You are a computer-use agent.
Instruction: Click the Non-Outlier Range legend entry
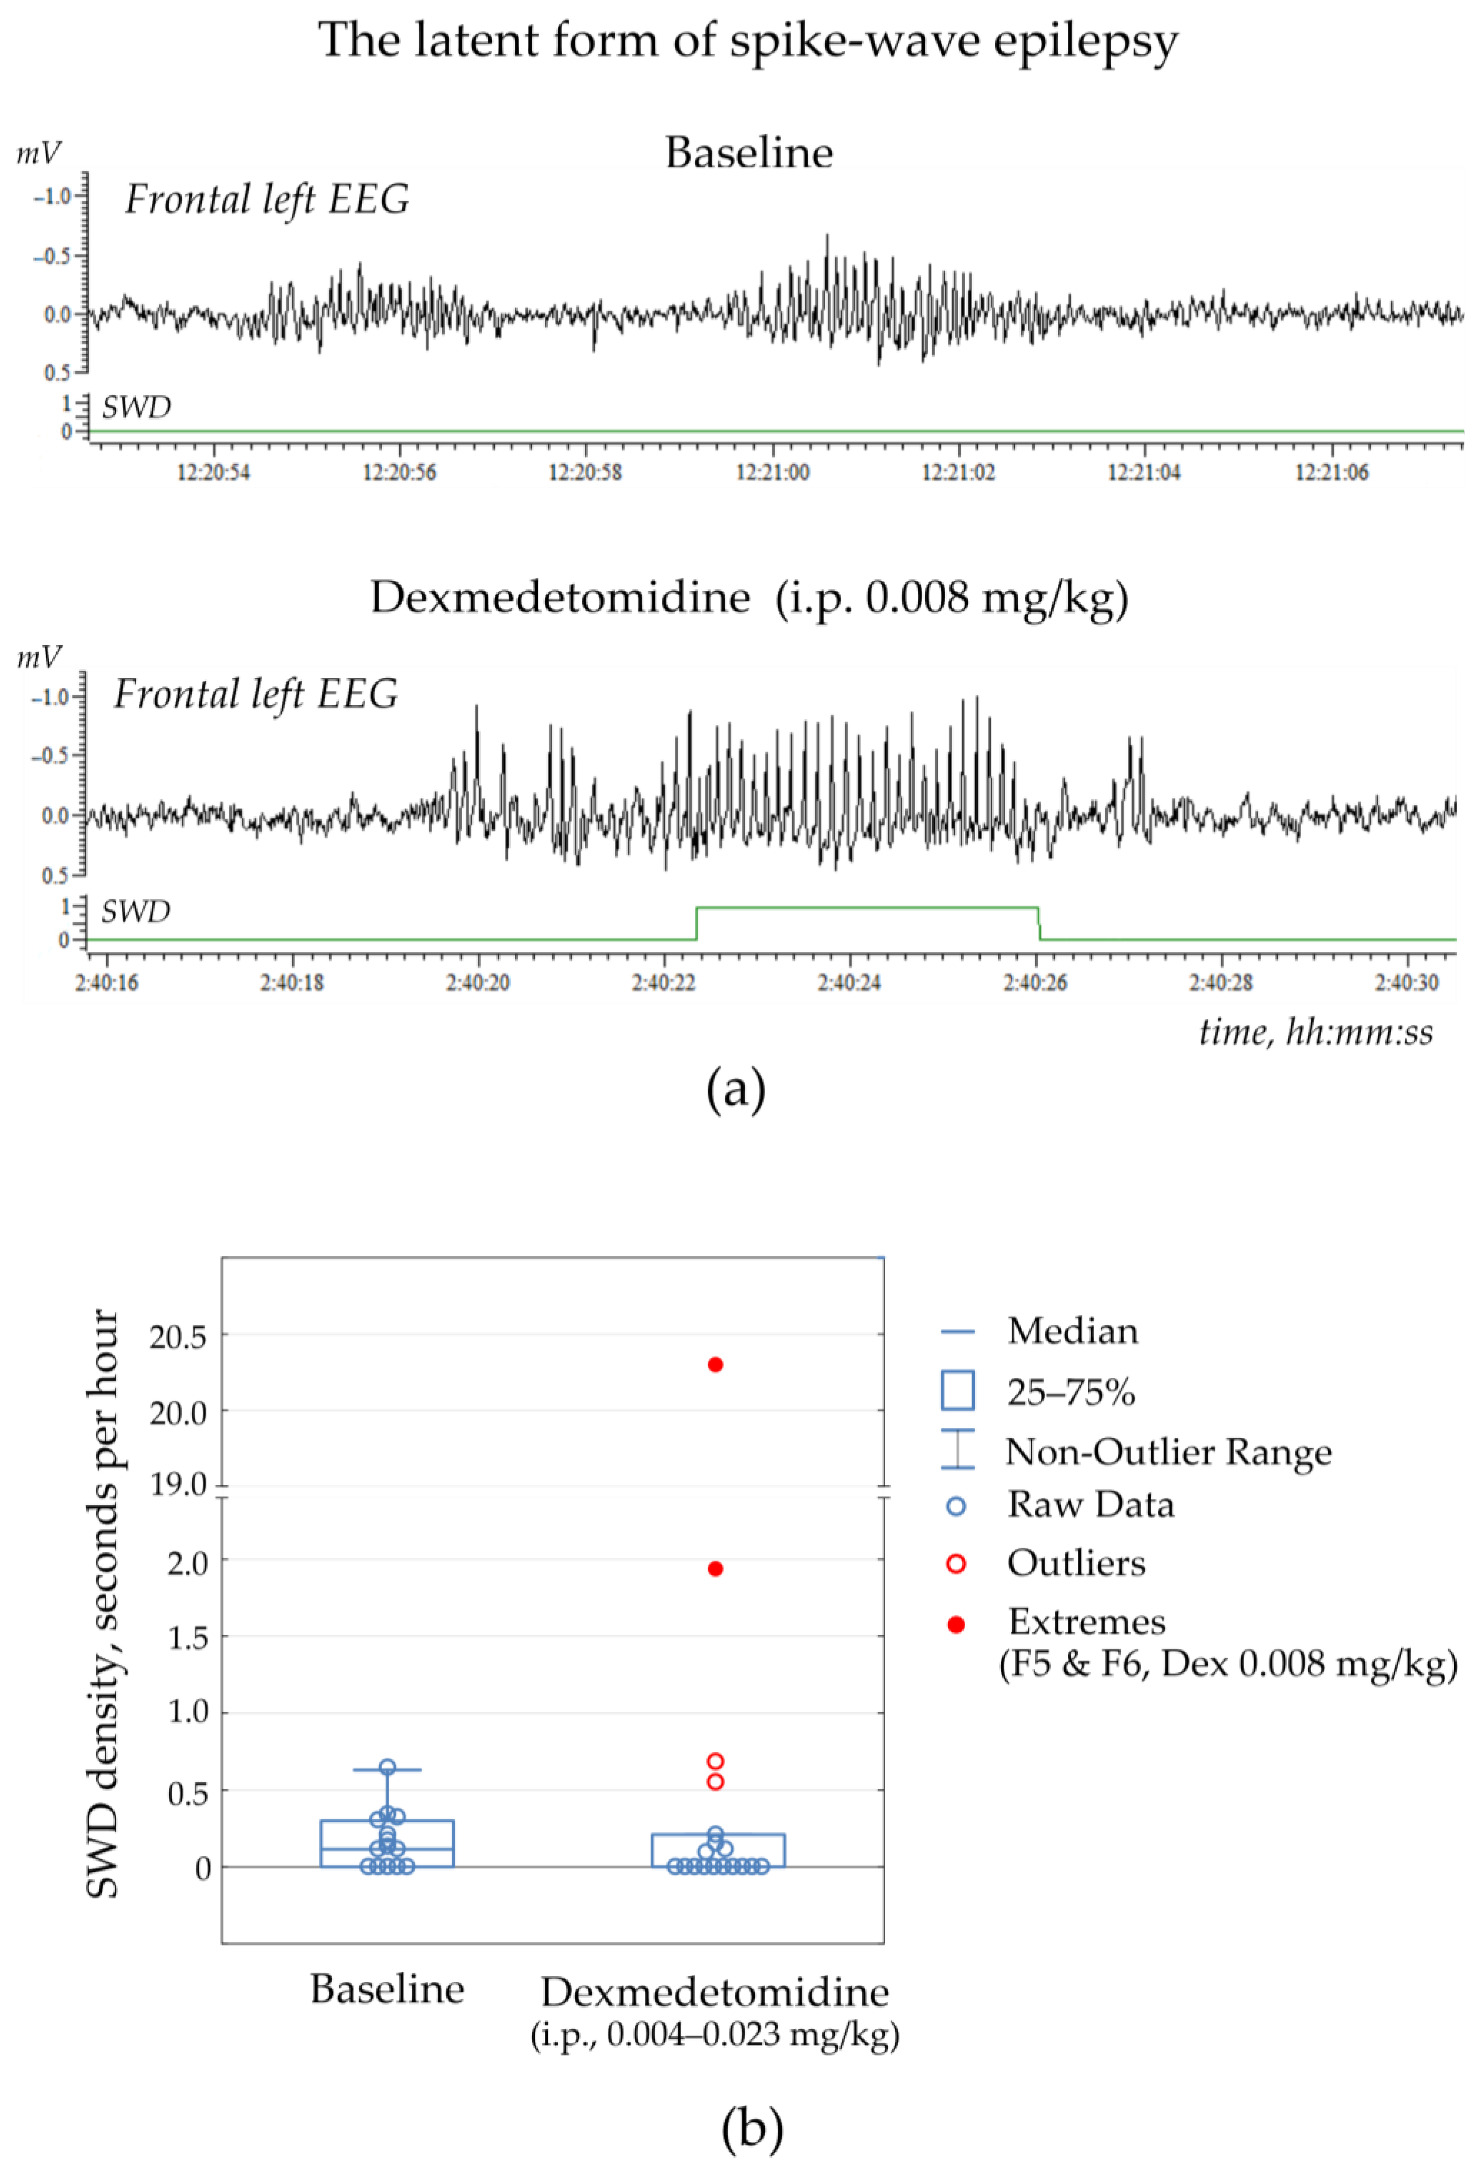(x=1168, y=1452)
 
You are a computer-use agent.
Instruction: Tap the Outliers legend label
(x=1076, y=1562)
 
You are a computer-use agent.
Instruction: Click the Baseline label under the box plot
(x=387, y=1989)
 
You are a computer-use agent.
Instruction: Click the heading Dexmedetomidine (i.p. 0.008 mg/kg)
(x=749, y=597)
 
